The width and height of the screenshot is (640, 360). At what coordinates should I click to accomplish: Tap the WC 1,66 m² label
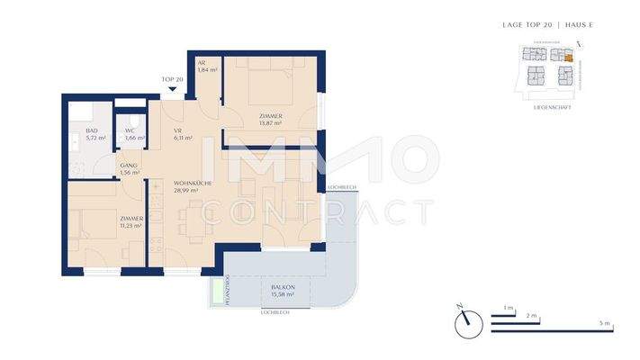pos(134,135)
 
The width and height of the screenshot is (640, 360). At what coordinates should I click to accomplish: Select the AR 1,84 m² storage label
pos(208,66)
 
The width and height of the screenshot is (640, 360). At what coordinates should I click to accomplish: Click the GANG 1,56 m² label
pos(130,167)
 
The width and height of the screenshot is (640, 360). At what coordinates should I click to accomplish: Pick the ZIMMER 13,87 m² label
pos(270,120)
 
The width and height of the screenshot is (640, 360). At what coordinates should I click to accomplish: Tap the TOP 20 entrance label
pos(173,79)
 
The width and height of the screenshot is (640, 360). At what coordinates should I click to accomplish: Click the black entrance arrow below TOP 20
pos(173,88)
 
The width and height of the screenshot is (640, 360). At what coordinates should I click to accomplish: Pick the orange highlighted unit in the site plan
pos(568,58)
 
